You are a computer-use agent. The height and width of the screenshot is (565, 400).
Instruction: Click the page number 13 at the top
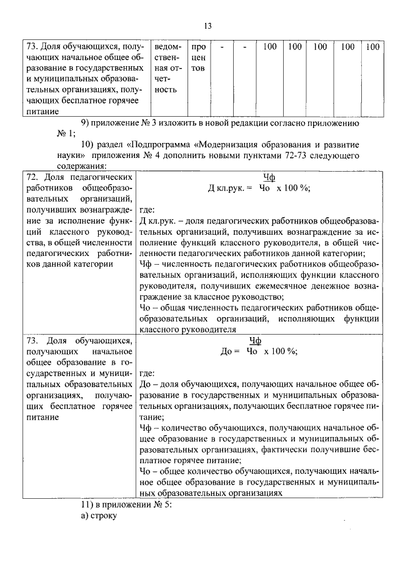click(208, 25)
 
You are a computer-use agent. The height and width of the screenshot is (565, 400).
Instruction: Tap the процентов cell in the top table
click(198, 57)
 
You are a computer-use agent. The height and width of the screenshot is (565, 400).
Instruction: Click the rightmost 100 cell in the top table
click(372, 47)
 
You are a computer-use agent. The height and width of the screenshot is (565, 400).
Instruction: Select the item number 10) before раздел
click(89, 142)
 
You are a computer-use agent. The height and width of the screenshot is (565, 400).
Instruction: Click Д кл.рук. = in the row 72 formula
click(229, 188)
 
